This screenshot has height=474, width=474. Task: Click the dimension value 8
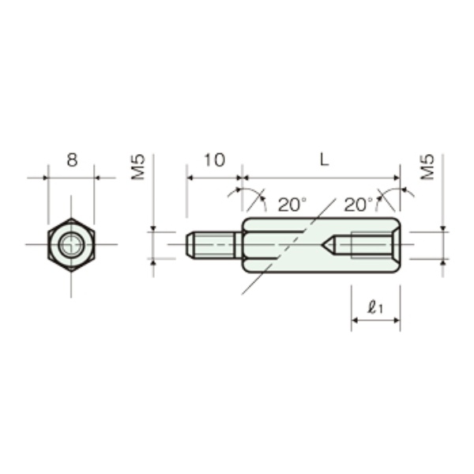72,160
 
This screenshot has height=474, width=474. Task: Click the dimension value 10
215,160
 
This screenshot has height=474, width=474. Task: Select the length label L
324,160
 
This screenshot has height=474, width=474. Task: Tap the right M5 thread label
427,167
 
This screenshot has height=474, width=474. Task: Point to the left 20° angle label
292,205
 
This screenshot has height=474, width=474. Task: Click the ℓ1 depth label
374,308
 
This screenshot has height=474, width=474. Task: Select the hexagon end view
71,245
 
